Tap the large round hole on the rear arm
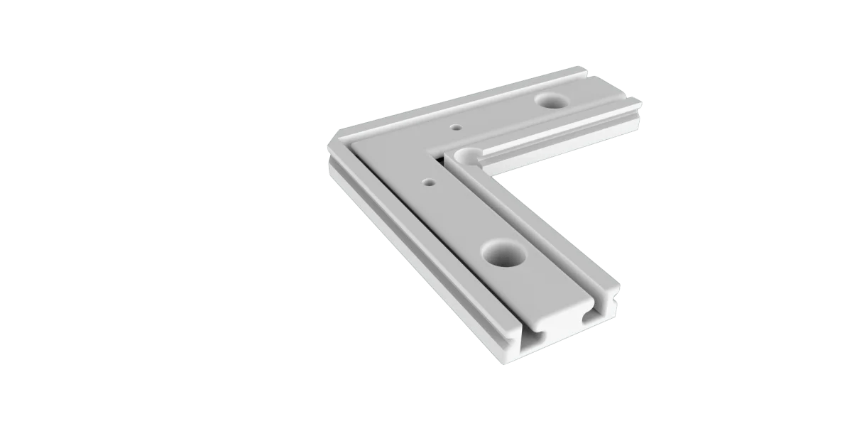point(550,101)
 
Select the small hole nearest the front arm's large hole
point(429,182)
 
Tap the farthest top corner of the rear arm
point(584,68)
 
